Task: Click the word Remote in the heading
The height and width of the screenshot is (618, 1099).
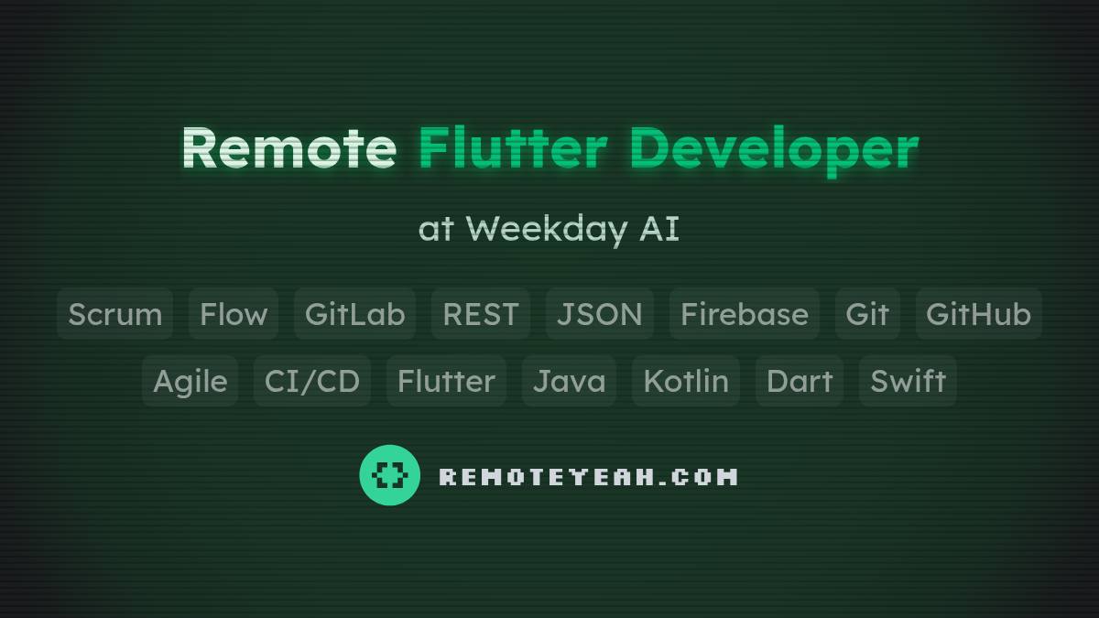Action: click(288, 147)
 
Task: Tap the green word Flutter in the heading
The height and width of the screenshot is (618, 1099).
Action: click(512, 147)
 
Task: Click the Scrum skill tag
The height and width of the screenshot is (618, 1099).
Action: click(115, 314)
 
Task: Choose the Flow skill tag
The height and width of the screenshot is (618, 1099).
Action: click(234, 314)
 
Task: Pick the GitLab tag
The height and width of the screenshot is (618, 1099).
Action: click(354, 314)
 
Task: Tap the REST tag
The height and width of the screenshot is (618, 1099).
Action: click(480, 314)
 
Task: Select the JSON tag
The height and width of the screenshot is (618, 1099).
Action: click(600, 314)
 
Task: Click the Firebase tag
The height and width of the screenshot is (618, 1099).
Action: click(745, 314)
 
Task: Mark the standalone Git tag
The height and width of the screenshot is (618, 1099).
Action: click(867, 314)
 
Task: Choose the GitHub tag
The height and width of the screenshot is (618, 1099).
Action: click(978, 314)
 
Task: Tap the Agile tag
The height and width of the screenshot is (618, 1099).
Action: click(190, 381)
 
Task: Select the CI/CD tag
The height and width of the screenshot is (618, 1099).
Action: click(312, 381)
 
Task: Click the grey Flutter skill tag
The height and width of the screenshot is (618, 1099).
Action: click(446, 381)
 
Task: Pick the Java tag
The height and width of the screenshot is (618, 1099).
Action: click(569, 381)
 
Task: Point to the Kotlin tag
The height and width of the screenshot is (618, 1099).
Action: click(686, 381)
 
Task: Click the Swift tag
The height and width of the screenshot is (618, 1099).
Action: click(908, 381)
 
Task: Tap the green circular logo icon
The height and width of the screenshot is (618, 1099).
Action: click(390, 475)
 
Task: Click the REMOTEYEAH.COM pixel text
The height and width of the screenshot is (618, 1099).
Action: click(588, 477)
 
